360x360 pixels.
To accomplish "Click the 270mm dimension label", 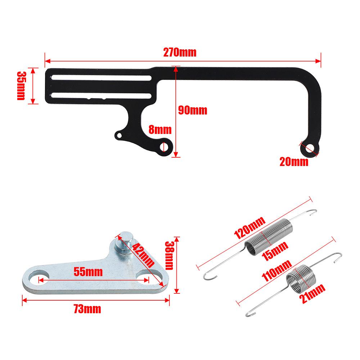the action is click(x=180, y=53).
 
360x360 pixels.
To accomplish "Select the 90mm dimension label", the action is click(x=193, y=110).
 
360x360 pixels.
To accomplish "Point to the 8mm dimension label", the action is click(x=160, y=129).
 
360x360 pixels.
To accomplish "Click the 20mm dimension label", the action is click(x=294, y=162).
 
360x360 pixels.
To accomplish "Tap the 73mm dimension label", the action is click(x=86, y=309).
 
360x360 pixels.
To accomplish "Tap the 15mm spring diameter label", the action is click(x=275, y=249).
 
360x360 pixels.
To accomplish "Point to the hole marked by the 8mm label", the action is click(x=165, y=146).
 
